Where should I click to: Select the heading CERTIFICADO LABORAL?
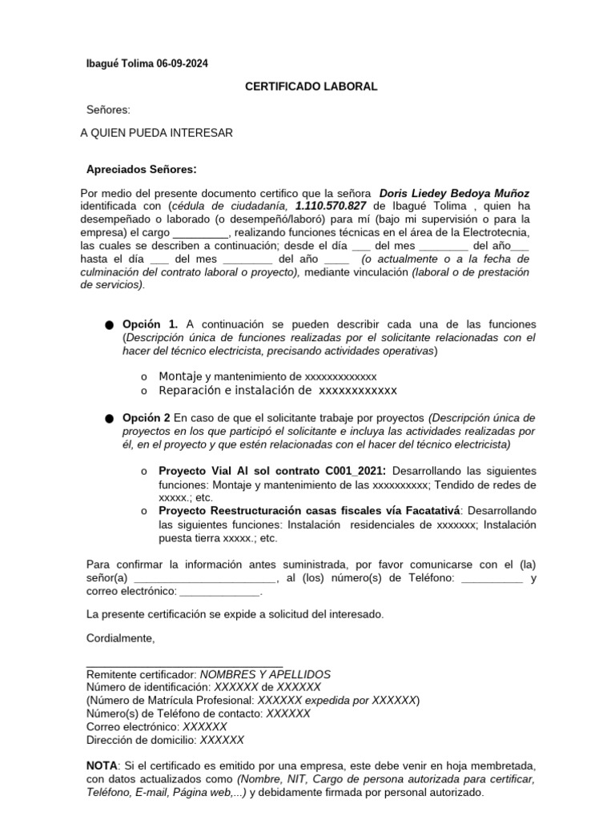point(311,86)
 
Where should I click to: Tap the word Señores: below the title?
point(108,110)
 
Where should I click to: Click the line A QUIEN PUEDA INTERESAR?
point(157,133)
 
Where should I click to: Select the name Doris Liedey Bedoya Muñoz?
point(454,194)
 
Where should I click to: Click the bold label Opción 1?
point(151,324)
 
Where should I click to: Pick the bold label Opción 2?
point(147,418)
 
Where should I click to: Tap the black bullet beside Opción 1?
point(109,325)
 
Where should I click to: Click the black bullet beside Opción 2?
point(109,419)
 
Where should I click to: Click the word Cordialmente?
point(120,638)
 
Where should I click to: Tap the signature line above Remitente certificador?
point(184,665)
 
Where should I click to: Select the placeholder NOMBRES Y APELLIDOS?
point(265,675)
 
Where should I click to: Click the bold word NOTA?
point(102,765)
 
